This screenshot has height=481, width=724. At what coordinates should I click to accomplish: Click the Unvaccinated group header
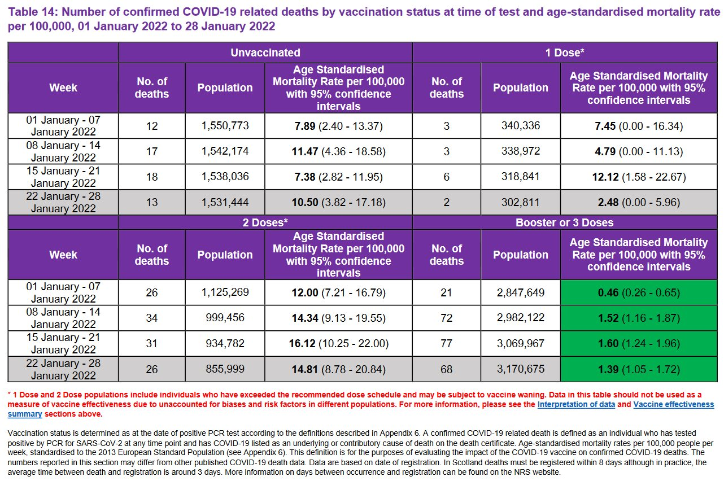(x=265, y=53)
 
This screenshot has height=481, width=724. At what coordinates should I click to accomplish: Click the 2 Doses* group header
(x=265, y=222)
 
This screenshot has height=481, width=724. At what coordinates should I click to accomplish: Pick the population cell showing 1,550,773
(x=225, y=126)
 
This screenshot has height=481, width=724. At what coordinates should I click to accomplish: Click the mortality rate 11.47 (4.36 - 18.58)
(x=338, y=151)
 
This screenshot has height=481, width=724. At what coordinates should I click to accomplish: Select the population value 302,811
(x=520, y=202)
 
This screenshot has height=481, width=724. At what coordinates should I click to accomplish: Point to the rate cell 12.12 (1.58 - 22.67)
(x=638, y=177)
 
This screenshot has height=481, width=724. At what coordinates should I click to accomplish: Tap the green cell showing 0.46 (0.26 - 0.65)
(x=638, y=292)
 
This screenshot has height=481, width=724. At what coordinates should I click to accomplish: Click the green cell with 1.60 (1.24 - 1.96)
(x=638, y=343)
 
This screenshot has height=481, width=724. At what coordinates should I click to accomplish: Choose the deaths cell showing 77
(x=446, y=343)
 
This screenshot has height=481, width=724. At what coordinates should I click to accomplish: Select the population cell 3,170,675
(x=520, y=369)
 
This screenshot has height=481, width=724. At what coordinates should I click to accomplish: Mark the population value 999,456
(x=225, y=318)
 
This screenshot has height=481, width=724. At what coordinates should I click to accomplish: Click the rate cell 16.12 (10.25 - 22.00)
(x=338, y=343)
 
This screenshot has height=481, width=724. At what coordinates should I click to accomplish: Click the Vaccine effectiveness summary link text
(x=673, y=405)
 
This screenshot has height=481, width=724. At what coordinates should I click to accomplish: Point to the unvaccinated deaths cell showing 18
(x=151, y=177)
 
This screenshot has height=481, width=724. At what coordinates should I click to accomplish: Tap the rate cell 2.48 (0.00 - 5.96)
(x=638, y=202)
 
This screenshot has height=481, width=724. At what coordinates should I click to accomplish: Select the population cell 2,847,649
(x=520, y=292)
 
